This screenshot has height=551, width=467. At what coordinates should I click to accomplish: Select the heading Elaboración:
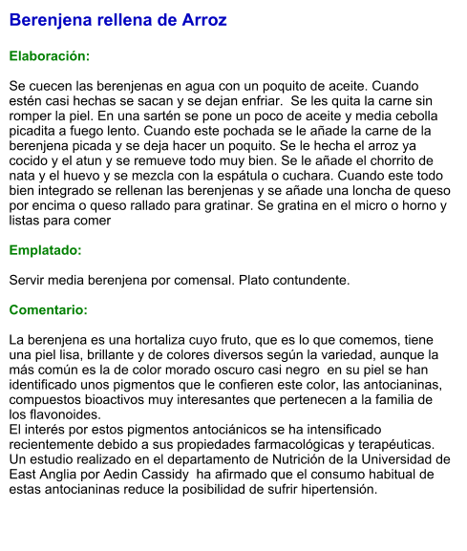(50, 56)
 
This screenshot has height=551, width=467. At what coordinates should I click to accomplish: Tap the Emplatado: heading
(45, 250)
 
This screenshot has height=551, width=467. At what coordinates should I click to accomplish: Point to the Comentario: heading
(49, 310)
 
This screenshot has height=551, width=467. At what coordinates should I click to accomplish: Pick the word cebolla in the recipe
(412, 116)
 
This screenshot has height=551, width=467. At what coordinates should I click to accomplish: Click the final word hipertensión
(335, 489)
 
